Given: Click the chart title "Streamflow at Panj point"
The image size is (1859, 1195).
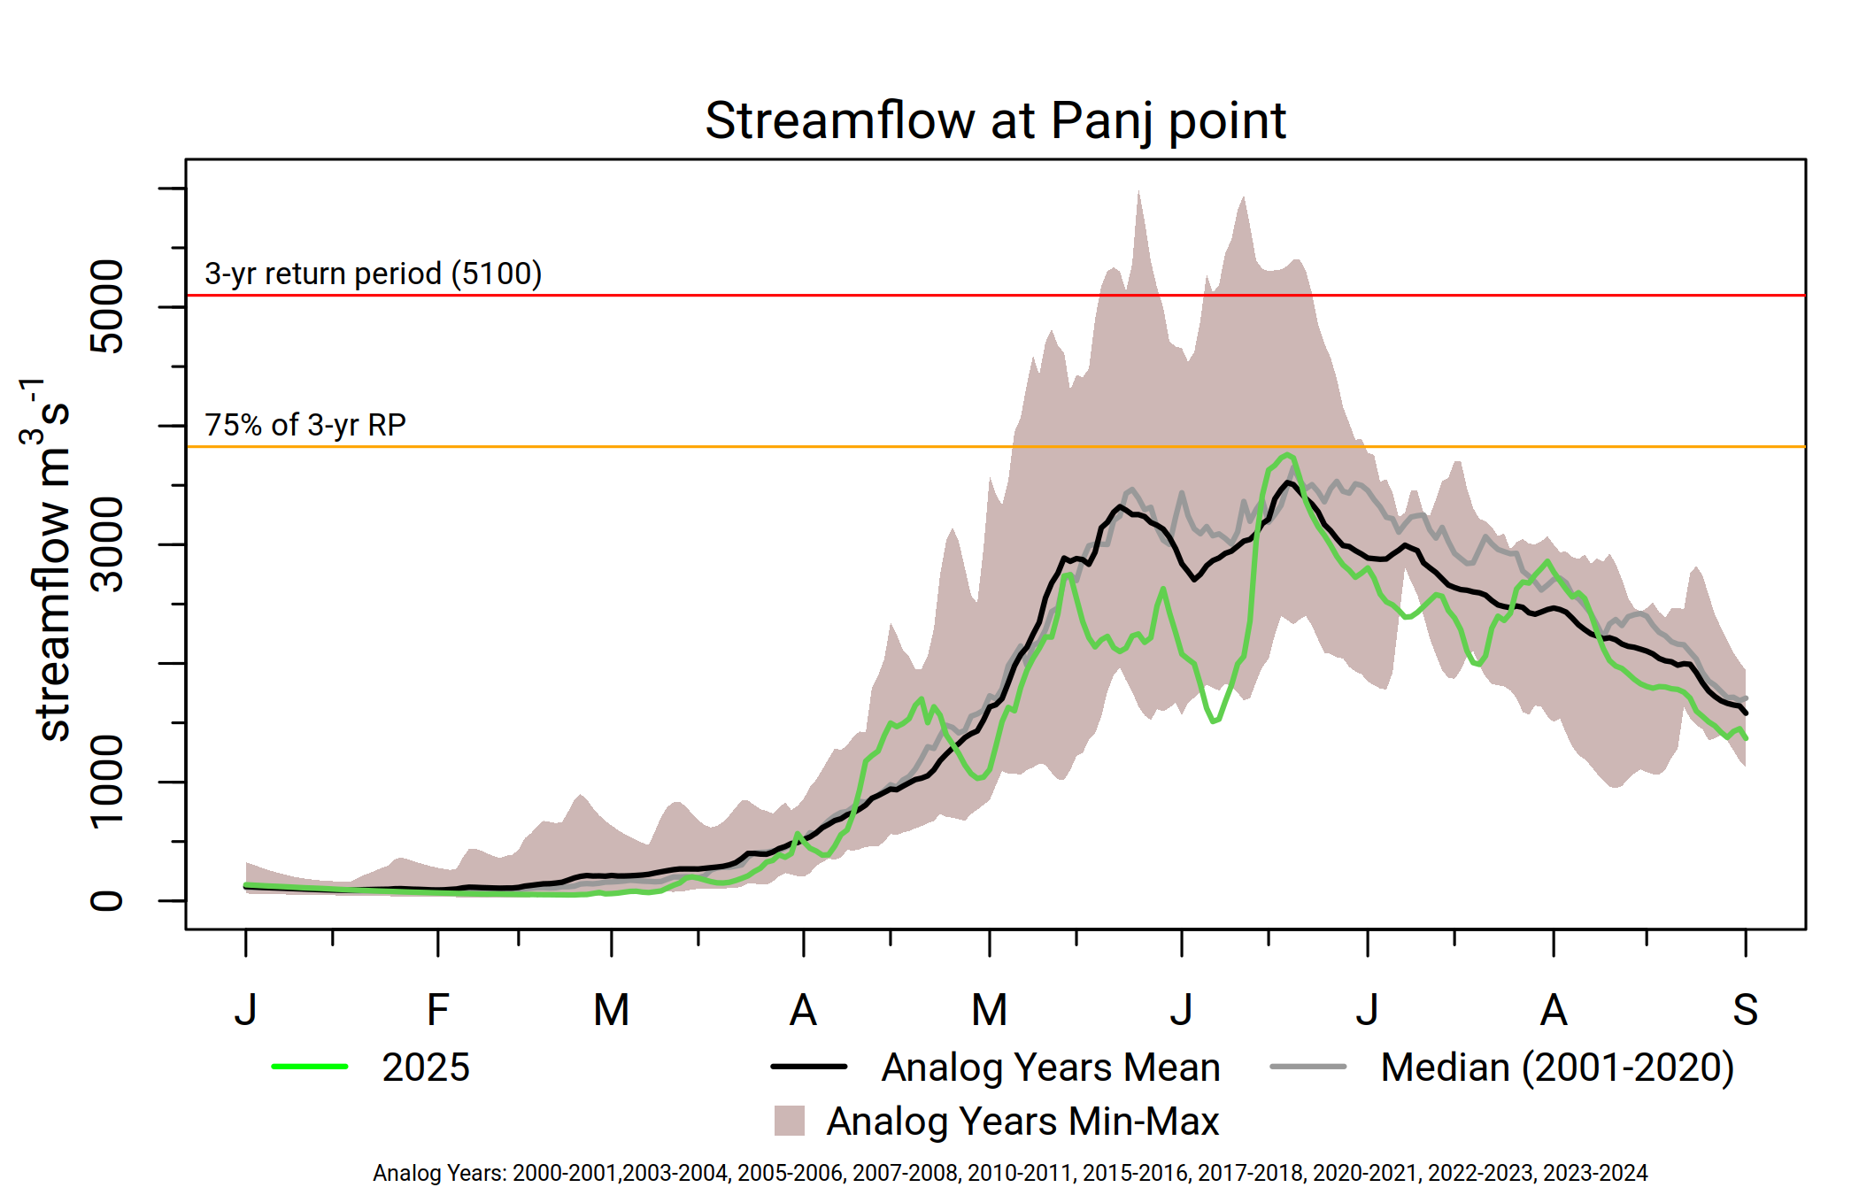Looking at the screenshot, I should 995,121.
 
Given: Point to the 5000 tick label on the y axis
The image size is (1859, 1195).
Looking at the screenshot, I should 108,306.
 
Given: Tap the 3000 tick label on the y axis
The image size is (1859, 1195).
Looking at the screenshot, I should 108,544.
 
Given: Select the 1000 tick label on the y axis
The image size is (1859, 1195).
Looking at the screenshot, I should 108,781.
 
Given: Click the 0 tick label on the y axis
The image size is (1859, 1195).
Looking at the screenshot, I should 108,901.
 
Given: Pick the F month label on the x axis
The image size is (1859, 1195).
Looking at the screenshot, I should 437,1010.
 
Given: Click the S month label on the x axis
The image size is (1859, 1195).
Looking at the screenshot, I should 1745,1010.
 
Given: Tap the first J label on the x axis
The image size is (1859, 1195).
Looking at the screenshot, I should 246,1010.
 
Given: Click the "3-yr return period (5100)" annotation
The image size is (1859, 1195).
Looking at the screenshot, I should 373,274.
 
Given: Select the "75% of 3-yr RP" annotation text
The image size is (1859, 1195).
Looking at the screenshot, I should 305,425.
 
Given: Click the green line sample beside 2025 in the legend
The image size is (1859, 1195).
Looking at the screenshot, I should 310,1067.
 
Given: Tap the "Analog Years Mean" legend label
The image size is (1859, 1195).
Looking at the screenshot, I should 1051,1068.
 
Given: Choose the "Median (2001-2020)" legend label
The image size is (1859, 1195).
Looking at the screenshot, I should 1557,1068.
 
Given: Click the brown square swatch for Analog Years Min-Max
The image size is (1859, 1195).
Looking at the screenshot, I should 789,1121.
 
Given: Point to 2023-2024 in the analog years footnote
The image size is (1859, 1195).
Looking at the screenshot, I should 1595,1173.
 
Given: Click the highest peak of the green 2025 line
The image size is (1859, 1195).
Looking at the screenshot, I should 1288,455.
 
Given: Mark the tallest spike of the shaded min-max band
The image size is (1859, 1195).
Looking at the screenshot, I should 1138,193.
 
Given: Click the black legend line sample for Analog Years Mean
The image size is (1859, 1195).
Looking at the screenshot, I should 809,1067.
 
